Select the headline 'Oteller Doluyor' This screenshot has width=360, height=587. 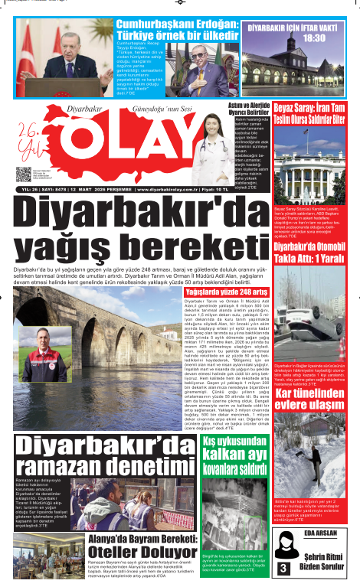tap(149, 551)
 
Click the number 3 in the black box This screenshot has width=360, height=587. tap(283, 569)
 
